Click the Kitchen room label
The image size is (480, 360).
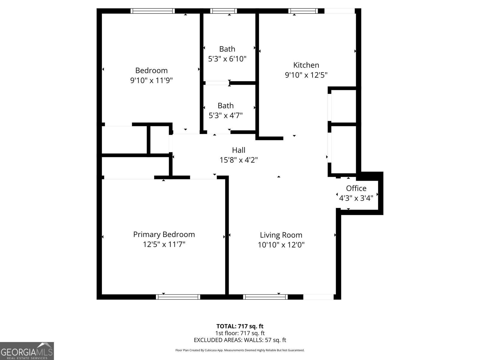[x=306, y=65]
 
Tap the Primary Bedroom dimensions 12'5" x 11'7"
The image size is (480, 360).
[x=164, y=244]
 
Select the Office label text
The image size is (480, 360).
[x=356, y=188]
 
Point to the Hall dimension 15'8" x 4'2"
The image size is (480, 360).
[x=238, y=160]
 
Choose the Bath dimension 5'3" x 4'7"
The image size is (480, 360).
[x=226, y=115]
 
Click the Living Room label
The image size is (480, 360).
[x=281, y=235]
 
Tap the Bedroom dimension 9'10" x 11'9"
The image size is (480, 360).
[x=151, y=80]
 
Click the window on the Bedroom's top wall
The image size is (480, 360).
[x=153, y=11]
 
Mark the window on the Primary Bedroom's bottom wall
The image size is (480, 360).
[x=178, y=297]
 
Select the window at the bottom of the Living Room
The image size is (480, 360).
[x=265, y=297]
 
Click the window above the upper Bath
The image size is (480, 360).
[x=223, y=11]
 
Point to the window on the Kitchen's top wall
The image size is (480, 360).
[x=303, y=11]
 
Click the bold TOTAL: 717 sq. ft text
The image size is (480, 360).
[x=240, y=326]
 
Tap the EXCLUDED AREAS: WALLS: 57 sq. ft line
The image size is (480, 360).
[x=240, y=340]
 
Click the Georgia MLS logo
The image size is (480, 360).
[x=27, y=351]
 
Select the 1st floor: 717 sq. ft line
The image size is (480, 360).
[x=240, y=333]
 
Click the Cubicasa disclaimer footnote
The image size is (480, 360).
[x=240, y=350]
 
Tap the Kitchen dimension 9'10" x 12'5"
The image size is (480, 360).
[x=306, y=75]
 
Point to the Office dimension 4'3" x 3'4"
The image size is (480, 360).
[x=356, y=198]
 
